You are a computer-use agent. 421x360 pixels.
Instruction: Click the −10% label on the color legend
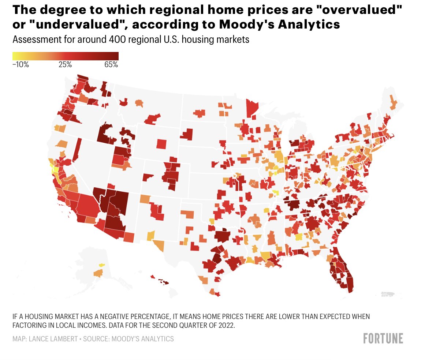(21, 65)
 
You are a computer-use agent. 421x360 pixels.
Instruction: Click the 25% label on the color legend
(65, 65)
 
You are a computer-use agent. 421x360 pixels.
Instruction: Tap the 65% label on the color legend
(111, 65)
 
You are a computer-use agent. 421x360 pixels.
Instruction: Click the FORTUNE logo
(383, 338)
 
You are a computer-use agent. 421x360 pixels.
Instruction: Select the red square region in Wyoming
(161, 143)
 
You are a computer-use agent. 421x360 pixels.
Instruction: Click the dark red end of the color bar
(115, 56)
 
